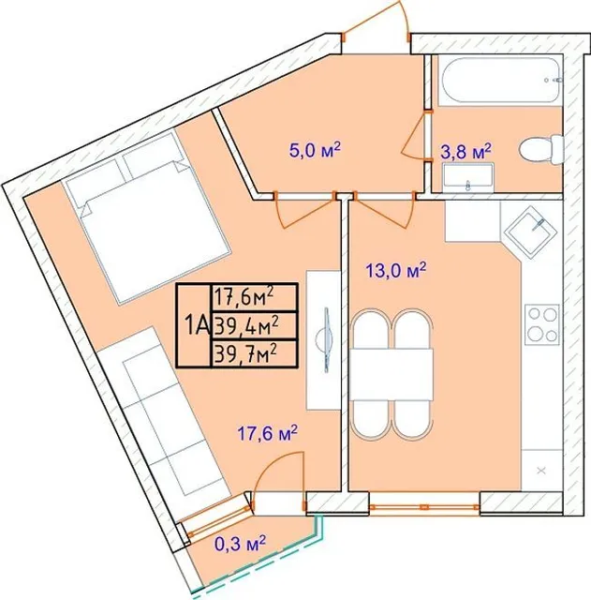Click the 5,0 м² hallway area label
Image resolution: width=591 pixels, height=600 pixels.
315,150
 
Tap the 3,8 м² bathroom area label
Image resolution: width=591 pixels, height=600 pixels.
465,152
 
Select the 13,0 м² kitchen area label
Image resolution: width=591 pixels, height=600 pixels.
395,270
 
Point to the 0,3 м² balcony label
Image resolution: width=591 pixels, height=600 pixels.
241,544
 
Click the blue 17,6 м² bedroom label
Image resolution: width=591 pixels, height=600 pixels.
267,434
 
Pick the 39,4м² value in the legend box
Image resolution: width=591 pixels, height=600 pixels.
245,325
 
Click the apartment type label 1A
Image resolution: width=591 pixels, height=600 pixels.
196,325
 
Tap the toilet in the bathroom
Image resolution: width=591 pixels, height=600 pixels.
540,150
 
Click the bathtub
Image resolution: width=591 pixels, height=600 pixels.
500,81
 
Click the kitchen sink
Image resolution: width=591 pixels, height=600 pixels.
529,231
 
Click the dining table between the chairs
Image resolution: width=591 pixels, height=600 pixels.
392,374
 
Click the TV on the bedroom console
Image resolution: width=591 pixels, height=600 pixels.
327,340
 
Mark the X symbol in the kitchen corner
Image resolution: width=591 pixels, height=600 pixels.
541,471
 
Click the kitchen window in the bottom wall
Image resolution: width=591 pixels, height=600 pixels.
424,507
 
